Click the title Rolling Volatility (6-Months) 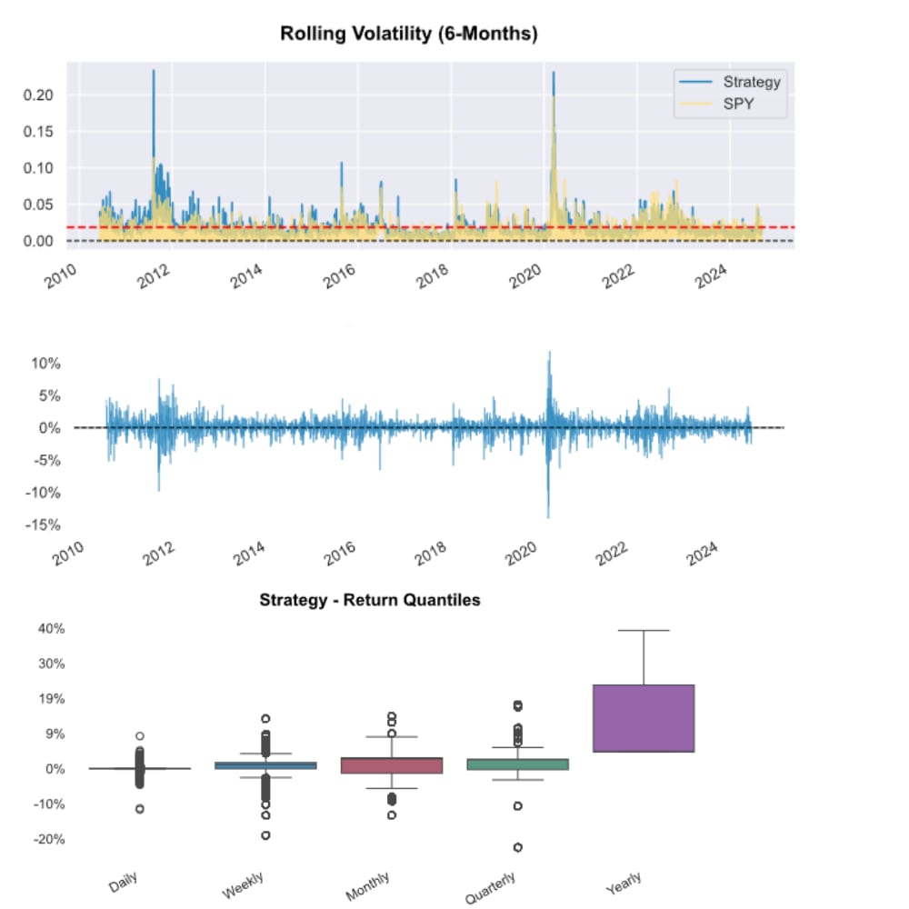pyautogui.click(x=408, y=35)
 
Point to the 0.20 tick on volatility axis pyautogui.click(x=41, y=95)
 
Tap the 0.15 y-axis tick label pyautogui.click(x=41, y=131)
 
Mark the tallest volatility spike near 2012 pyautogui.click(x=154, y=71)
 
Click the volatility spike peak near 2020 pyautogui.click(x=553, y=73)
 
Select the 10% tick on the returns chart pyautogui.click(x=45, y=363)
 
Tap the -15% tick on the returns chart pyautogui.click(x=43, y=524)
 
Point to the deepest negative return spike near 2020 pyautogui.click(x=548, y=516)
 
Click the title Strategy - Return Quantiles pyautogui.click(x=369, y=600)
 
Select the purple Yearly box pyautogui.click(x=643, y=718)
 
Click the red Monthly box pyautogui.click(x=391, y=765)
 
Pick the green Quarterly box pyautogui.click(x=517, y=764)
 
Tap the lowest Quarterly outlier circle pyautogui.click(x=517, y=847)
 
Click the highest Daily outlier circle pyautogui.click(x=140, y=736)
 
